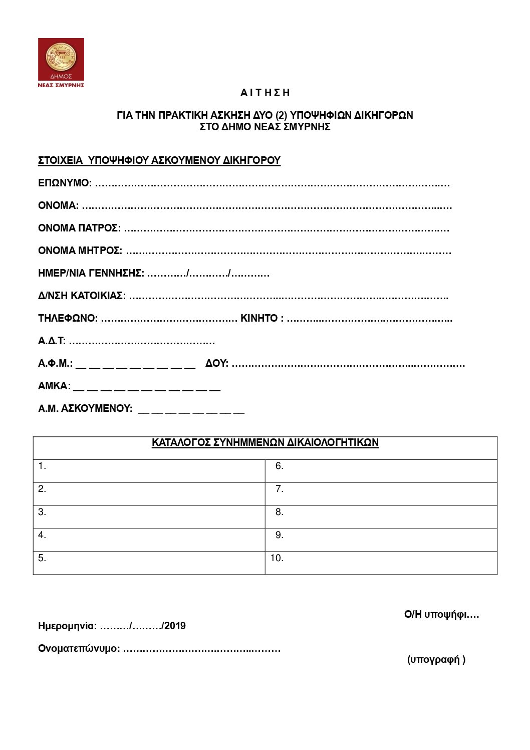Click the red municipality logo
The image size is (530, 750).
(61, 62)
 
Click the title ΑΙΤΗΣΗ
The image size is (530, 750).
(265, 93)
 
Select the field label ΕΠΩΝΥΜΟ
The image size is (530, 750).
(65, 183)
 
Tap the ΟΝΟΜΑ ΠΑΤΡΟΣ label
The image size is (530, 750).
(79, 228)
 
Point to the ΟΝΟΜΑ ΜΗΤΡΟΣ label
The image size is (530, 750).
(80, 251)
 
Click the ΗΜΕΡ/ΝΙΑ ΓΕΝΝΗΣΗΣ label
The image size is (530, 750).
(91, 273)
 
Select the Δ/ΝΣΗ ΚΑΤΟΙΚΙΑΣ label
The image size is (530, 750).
(82, 296)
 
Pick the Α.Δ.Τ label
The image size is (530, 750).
(52, 341)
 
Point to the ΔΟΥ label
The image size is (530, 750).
(216, 363)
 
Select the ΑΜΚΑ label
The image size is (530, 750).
(54, 386)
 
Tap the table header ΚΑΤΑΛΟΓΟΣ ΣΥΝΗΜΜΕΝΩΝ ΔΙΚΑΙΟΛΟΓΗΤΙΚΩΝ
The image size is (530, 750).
(265, 442)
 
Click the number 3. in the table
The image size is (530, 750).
(42, 512)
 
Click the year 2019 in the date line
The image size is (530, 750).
(175, 626)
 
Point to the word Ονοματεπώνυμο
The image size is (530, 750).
(79, 649)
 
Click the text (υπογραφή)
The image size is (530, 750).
(436, 659)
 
